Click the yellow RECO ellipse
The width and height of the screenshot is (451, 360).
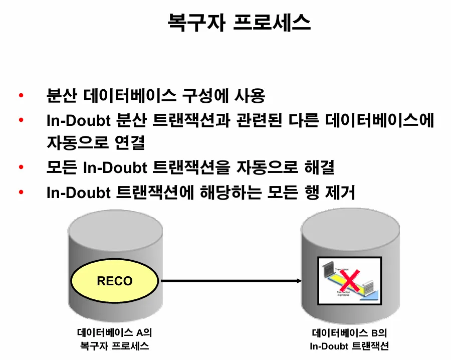tap(115, 280)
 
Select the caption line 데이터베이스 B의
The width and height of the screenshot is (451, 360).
tap(349, 333)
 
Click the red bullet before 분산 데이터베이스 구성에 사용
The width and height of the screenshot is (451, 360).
tap(21, 95)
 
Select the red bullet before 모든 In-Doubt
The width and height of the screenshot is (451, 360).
tap(21, 167)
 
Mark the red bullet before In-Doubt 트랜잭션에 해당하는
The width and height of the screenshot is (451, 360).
tap(21, 192)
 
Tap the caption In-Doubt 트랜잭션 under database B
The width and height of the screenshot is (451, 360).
tap(349, 346)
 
